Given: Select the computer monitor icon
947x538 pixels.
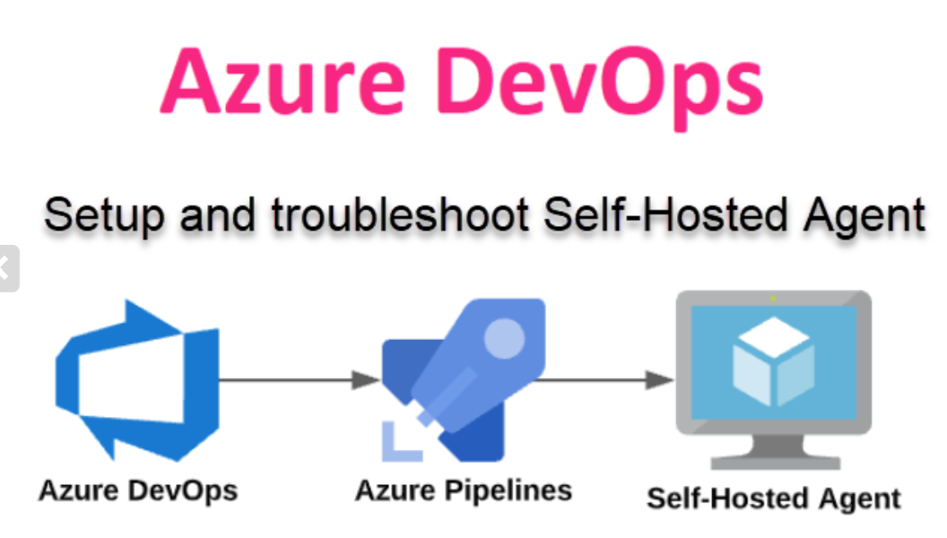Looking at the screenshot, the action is click(773, 377).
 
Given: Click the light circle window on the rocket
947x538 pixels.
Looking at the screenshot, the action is click(504, 338).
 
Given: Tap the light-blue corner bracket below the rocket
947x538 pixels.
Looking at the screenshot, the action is click(398, 443).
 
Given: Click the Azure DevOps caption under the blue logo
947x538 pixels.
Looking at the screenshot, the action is click(138, 490).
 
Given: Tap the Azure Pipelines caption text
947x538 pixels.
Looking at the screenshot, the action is click(464, 490).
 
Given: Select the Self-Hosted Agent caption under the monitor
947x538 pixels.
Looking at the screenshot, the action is click(773, 499).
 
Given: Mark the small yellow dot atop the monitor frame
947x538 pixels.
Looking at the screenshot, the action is click(773, 298).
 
